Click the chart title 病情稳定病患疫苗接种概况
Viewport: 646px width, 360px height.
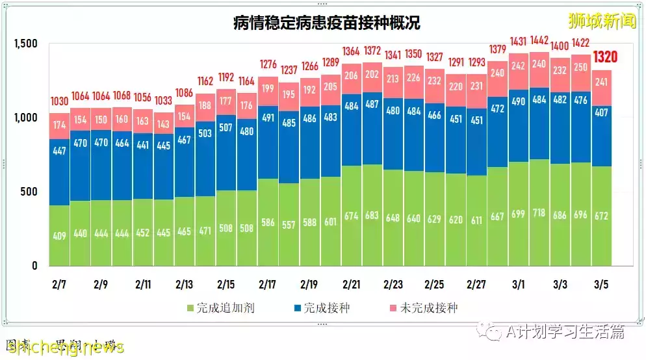click(x=326, y=23)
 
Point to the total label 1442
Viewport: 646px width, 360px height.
click(x=539, y=40)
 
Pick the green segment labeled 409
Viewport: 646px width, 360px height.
click(x=60, y=235)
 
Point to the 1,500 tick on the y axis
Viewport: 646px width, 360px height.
click(x=26, y=44)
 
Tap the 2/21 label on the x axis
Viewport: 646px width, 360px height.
click(x=351, y=285)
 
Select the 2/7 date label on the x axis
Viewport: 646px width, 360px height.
click(x=60, y=285)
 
